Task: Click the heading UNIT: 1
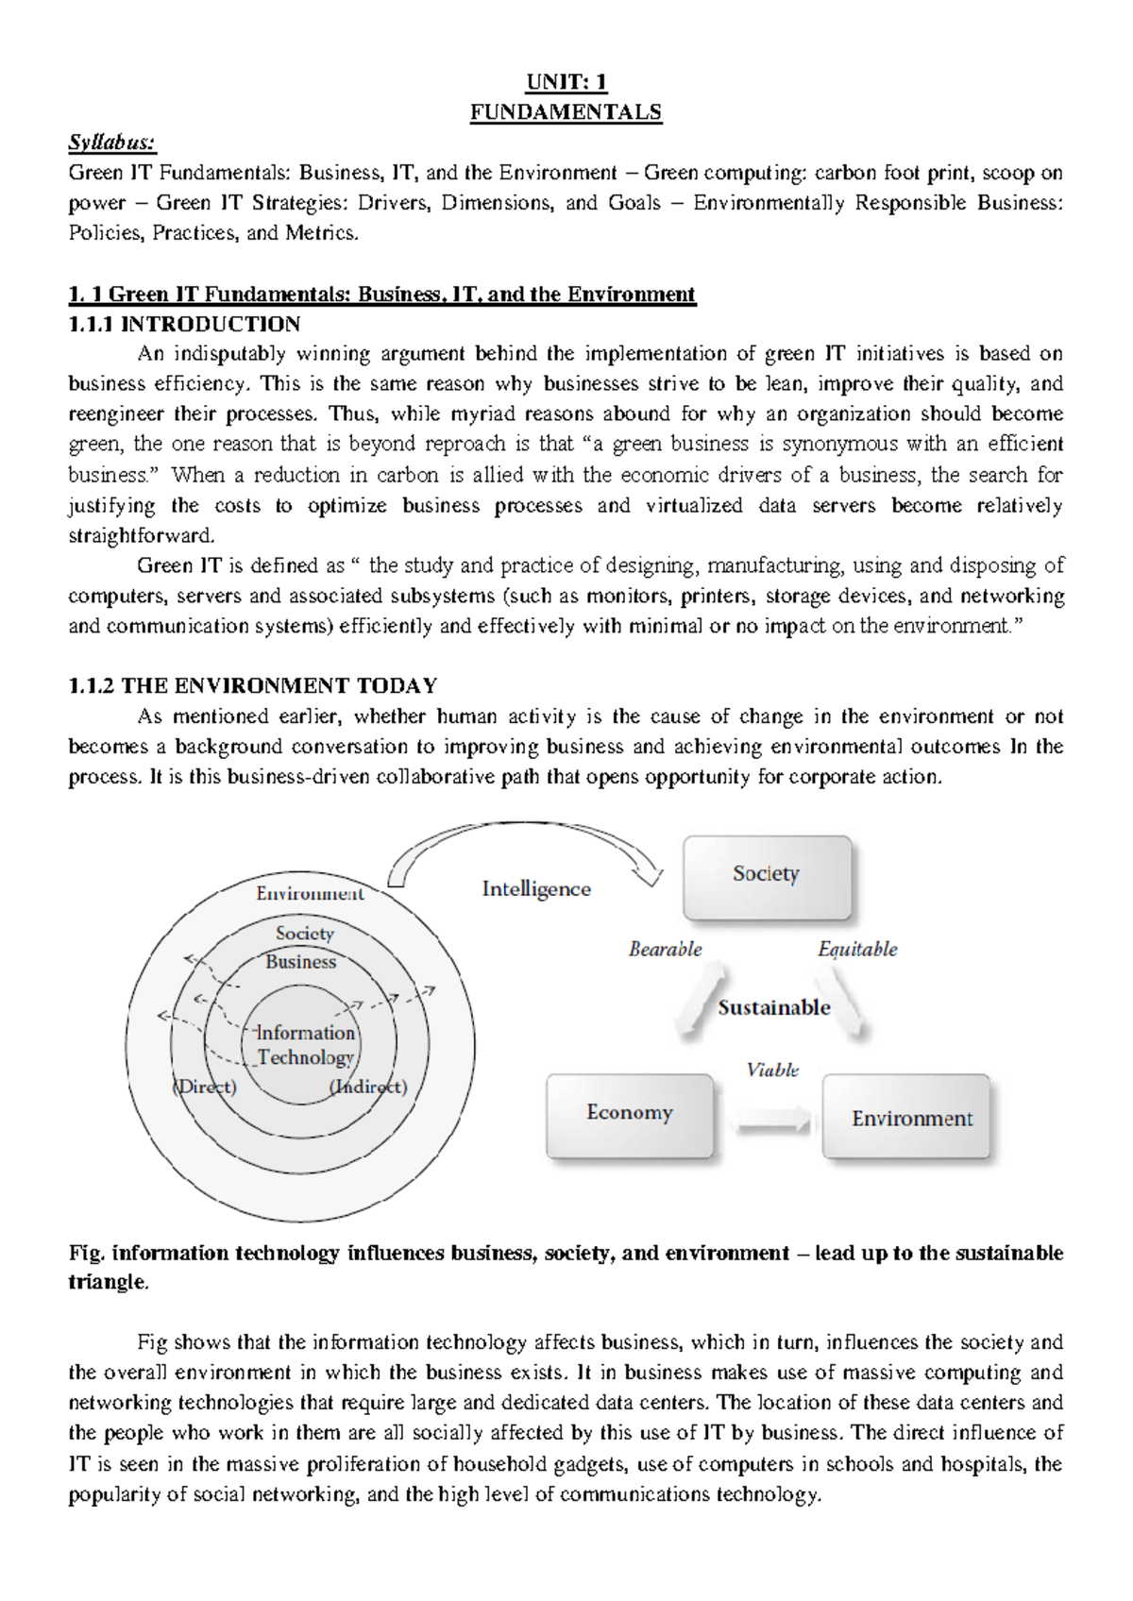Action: pyautogui.click(x=566, y=81)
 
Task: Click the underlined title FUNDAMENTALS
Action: pyautogui.click(x=566, y=112)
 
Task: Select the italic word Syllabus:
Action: pyautogui.click(x=111, y=143)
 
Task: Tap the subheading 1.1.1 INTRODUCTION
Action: pyautogui.click(x=184, y=324)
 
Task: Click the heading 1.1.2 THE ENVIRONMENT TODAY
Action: pyautogui.click(x=253, y=685)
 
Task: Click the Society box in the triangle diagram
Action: pyautogui.click(x=767, y=877)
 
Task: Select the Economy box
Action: pyautogui.click(x=630, y=1115)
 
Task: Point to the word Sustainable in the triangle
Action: pyautogui.click(x=773, y=1007)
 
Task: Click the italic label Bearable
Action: pyautogui.click(x=666, y=950)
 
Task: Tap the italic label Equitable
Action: pyautogui.click(x=857, y=950)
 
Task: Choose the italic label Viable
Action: pyautogui.click(x=772, y=1070)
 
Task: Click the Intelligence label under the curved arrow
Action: pyautogui.click(x=536, y=889)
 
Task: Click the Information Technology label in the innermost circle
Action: pyautogui.click(x=305, y=1045)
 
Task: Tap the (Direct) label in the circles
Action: pyautogui.click(x=205, y=1087)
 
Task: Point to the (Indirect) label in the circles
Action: pyautogui.click(x=368, y=1087)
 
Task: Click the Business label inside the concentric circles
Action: pyautogui.click(x=300, y=962)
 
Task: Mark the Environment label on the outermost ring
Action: pyautogui.click(x=310, y=893)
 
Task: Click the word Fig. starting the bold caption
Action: pyautogui.click(x=87, y=1253)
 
